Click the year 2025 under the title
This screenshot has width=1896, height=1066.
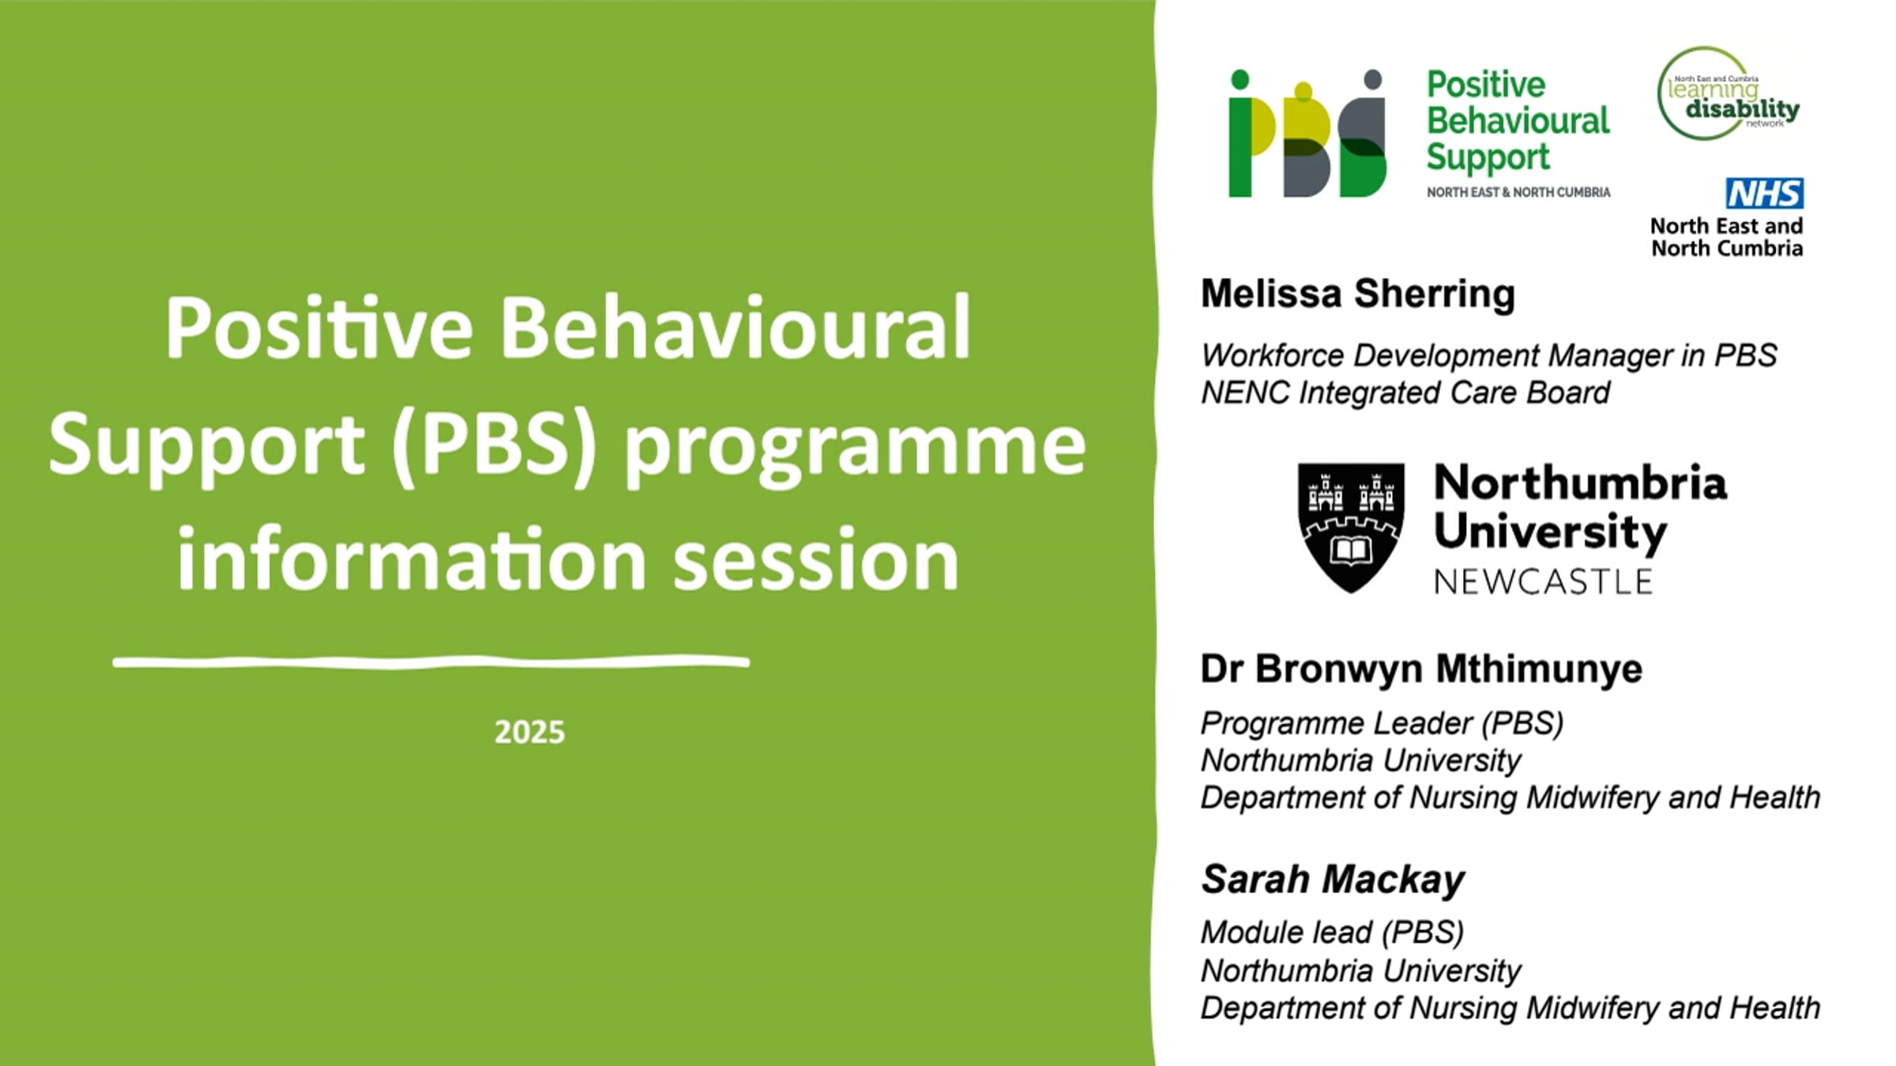[x=529, y=733]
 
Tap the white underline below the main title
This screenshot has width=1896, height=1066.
[x=431, y=662]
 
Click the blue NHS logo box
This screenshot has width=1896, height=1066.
[x=1764, y=193]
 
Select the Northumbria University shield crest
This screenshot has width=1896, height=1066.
[x=1351, y=527]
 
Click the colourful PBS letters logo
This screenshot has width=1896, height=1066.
[x=1307, y=133]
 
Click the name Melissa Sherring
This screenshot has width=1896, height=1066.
[x=1357, y=295]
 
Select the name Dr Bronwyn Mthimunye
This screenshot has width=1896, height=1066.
[x=1421, y=669]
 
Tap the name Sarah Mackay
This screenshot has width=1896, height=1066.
[x=1333, y=879]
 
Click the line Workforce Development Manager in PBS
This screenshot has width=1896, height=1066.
[x=1488, y=355]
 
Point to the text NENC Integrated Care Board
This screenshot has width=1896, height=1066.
[x=1405, y=392]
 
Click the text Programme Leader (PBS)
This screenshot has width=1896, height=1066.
[x=1382, y=723]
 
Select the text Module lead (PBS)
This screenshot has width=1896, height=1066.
[x=1332, y=933]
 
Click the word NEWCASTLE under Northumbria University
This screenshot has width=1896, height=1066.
[x=1543, y=582]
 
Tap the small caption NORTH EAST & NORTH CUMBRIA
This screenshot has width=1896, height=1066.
[x=1518, y=192]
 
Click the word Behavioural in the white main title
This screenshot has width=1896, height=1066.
[x=735, y=328]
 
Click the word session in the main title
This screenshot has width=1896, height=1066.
[x=816, y=560]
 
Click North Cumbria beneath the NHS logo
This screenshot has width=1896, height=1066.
[x=1727, y=248]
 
